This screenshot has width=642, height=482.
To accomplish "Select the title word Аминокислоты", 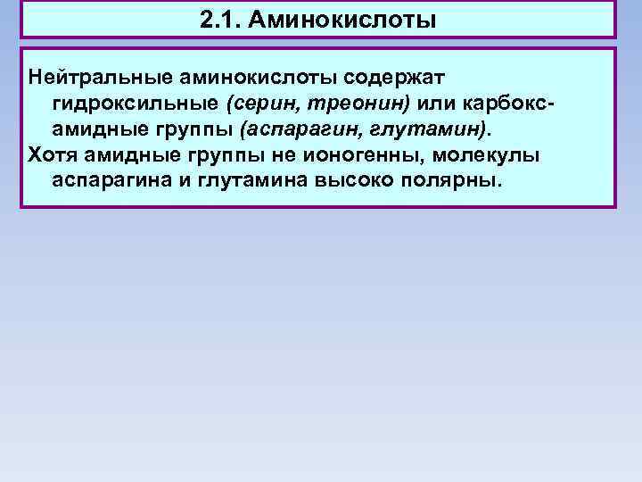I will coord(343,19).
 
